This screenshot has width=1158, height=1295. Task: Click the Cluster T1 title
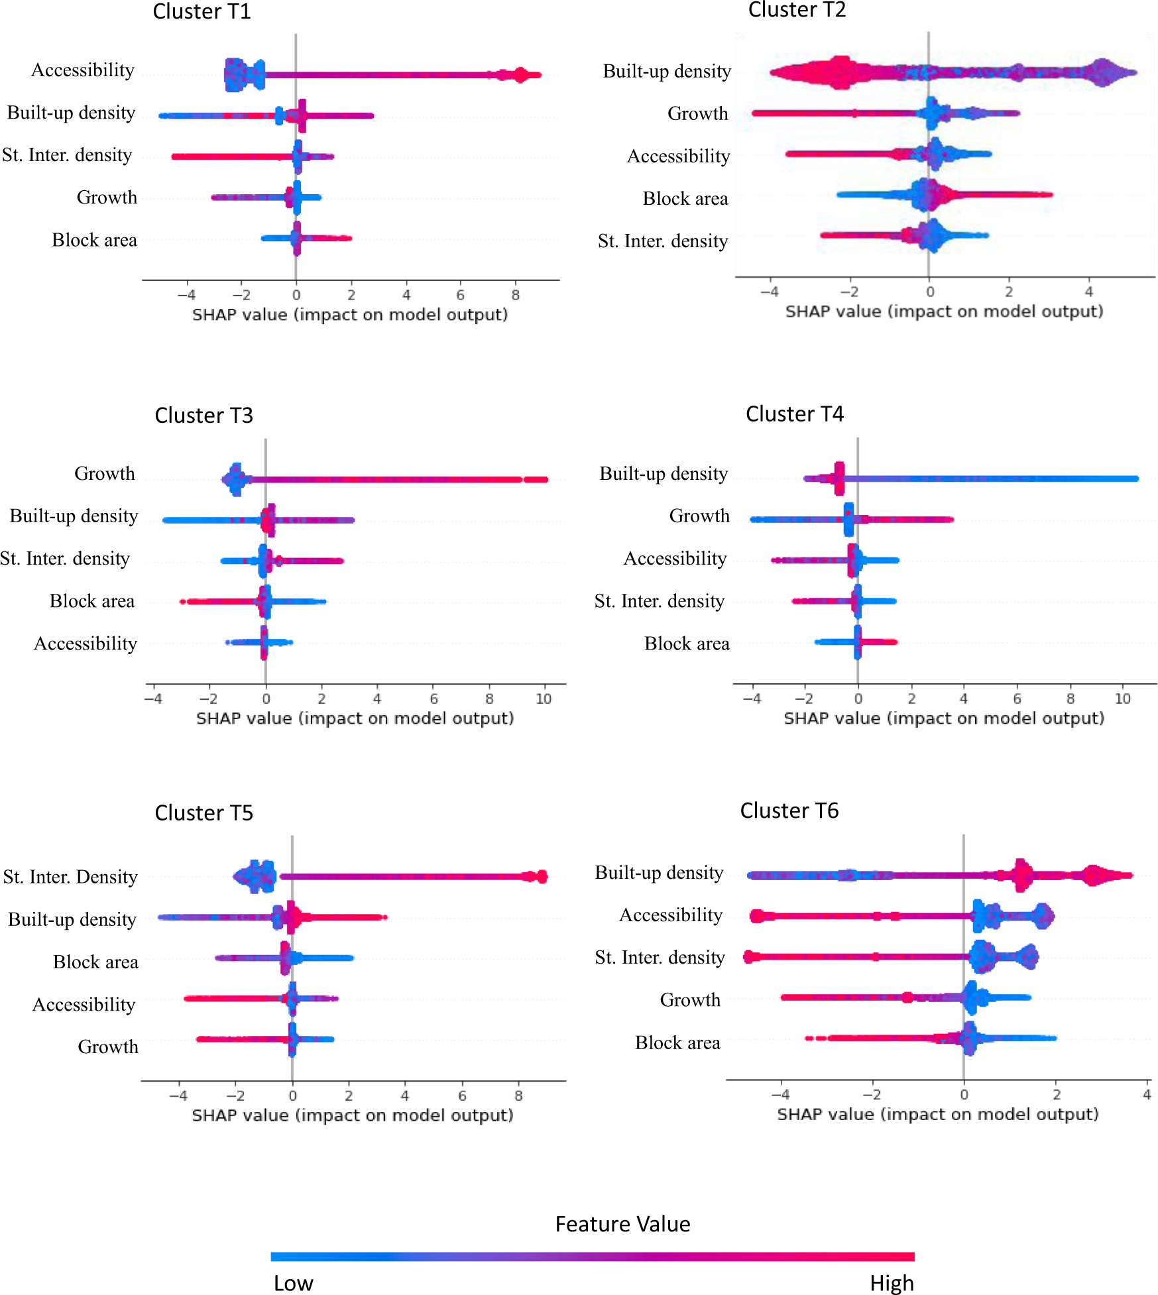202,12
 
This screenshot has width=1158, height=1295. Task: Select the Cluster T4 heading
794,414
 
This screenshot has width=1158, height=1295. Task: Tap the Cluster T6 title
789,811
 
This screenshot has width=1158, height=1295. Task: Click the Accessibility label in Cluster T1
83,70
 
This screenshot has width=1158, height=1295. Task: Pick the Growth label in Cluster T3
105,474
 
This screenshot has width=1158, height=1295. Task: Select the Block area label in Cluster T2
685,199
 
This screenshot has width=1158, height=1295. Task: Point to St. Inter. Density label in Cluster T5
70,877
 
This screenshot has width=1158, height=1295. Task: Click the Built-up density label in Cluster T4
664,474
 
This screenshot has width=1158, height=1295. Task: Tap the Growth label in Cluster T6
690,1000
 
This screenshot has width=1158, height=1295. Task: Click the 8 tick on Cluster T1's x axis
516,295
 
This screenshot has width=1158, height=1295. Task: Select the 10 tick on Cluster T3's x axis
544,699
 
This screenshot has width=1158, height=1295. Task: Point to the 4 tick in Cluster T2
1088,292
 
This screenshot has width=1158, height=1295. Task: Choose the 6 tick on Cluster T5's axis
462,1096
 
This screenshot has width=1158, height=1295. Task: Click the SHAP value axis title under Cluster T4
944,718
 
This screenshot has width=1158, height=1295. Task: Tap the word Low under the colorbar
293,1283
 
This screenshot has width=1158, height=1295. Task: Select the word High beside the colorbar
892,1283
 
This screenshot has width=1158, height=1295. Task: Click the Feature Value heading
622,1224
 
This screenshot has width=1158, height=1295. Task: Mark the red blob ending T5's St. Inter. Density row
541,877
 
